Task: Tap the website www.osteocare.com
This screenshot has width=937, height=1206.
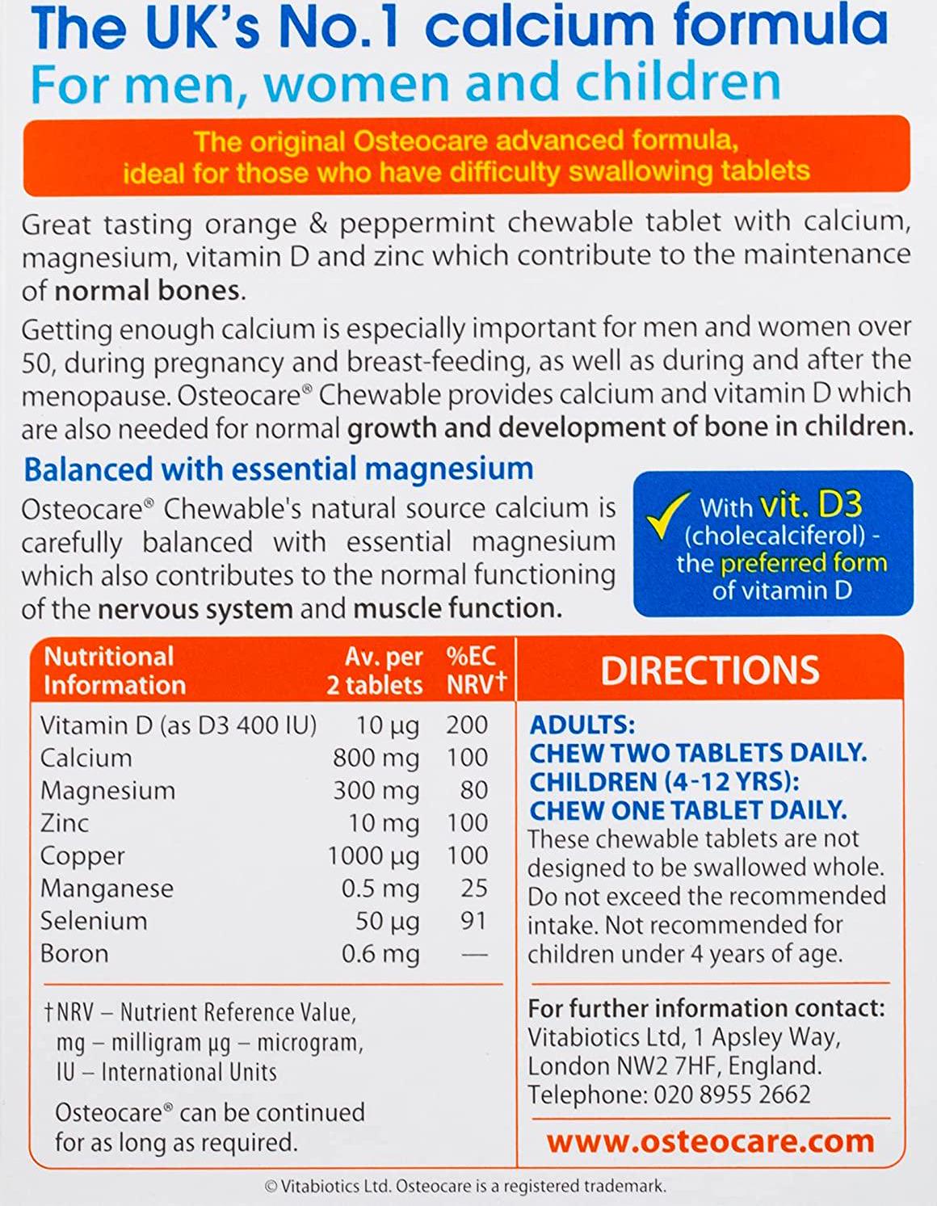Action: tap(710, 1141)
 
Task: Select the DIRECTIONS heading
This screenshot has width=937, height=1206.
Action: tap(709, 670)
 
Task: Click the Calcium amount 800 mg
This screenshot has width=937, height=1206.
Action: tap(376, 758)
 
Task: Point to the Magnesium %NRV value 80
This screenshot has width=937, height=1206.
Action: tap(474, 790)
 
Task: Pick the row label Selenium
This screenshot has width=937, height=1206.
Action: tap(94, 921)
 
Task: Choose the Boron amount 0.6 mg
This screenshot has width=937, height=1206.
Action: tap(380, 954)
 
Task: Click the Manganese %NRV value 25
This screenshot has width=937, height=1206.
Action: tap(474, 889)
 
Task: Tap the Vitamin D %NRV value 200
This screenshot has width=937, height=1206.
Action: tap(467, 725)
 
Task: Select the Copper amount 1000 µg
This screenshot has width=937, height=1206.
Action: tap(373, 855)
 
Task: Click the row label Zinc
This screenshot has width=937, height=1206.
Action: tap(65, 823)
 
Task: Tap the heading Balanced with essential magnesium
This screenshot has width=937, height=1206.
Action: tap(279, 469)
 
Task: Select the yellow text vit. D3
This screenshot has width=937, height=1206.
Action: tap(810, 506)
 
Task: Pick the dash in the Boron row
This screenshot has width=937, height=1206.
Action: tap(474, 955)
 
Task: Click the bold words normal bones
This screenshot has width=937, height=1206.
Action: tap(148, 291)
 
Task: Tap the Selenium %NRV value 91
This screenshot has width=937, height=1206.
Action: tap(474, 921)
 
